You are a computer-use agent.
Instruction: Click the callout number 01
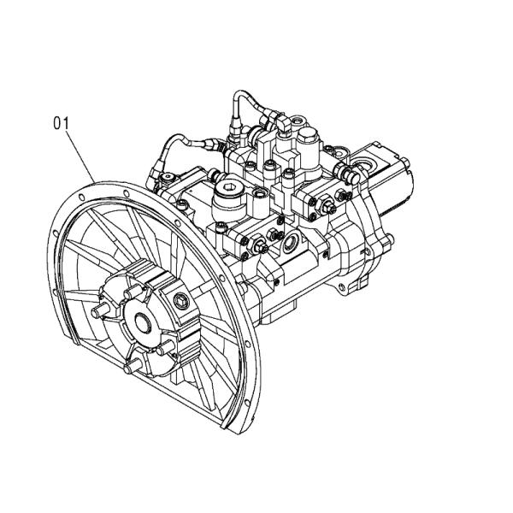[x=62, y=124]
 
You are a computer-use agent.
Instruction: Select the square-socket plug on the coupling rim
[x=181, y=301]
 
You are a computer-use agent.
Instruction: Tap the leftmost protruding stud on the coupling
[x=99, y=310]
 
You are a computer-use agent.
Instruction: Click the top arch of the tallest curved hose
[x=242, y=92]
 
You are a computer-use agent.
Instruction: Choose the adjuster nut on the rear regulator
[x=327, y=206]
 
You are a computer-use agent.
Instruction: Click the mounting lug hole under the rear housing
[x=342, y=287]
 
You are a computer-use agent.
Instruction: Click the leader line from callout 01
[x=80, y=156]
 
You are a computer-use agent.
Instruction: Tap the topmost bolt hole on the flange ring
[x=126, y=193]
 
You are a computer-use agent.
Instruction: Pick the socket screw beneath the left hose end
[x=168, y=177]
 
